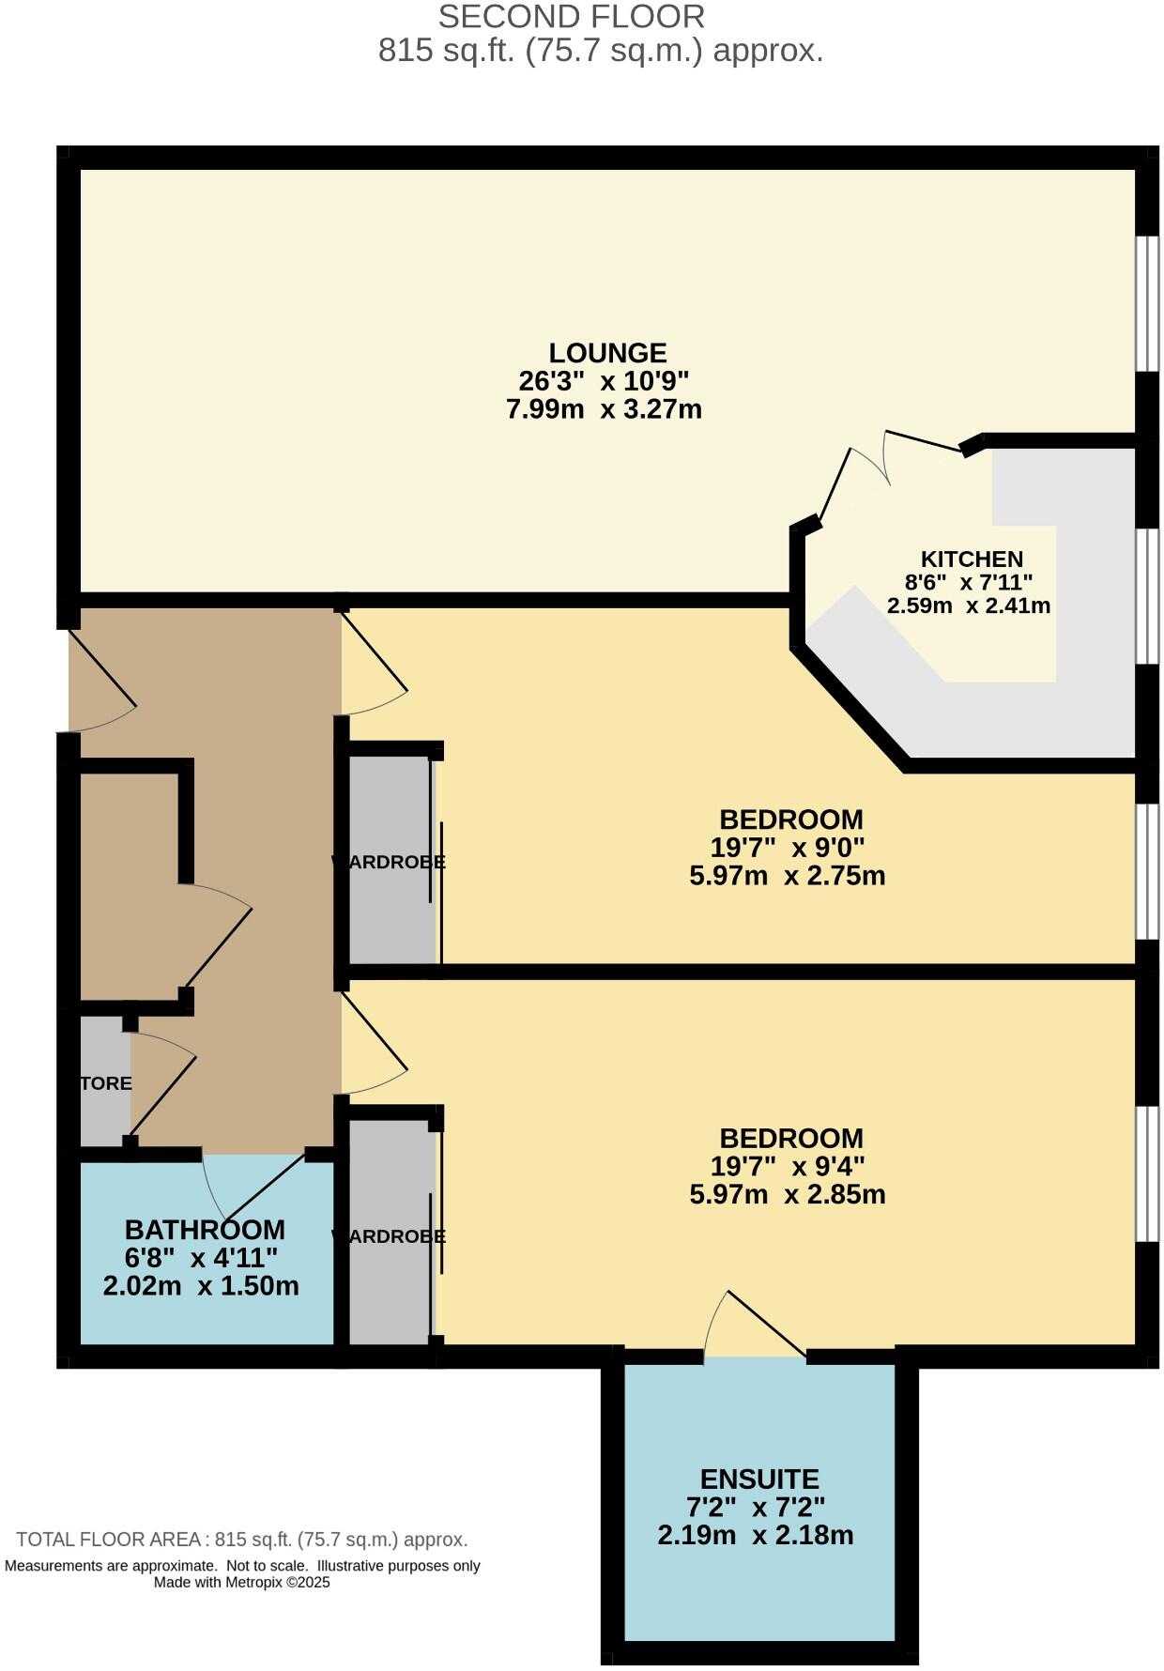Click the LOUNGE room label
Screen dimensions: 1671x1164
click(x=607, y=353)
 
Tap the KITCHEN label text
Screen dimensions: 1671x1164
click(x=971, y=560)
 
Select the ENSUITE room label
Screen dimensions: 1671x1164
click(x=759, y=1479)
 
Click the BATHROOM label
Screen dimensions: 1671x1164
click(x=205, y=1230)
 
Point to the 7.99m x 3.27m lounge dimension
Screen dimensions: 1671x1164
click(x=604, y=409)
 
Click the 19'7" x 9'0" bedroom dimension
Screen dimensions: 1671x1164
click(x=787, y=848)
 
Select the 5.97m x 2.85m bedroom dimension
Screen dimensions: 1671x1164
click(x=787, y=1195)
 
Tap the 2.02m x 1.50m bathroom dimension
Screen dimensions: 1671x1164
click(x=201, y=1286)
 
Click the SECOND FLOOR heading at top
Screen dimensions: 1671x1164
click(x=571, y=17)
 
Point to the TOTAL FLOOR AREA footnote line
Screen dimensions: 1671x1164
click(x=242, y=1540)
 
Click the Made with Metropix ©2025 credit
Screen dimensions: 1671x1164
click(x=242, y=1582)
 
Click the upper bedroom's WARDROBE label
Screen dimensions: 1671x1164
click(x=389, y=862)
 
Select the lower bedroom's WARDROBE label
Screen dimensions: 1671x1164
click(x=389, y=1236)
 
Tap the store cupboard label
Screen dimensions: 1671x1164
click(x=105, y=1083)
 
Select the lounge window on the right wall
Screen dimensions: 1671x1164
click(x=1146, y=302)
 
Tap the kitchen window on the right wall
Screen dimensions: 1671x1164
click(x=1146, y=597)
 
